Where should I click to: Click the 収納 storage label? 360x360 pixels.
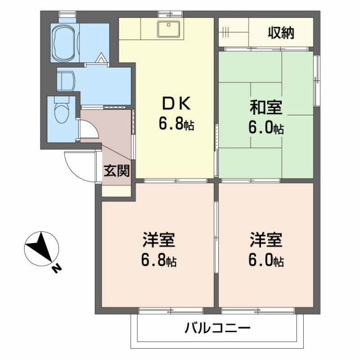[281, 33]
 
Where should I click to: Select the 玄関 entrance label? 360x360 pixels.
[116, 170]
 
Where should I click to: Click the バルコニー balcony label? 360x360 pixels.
[217, 328]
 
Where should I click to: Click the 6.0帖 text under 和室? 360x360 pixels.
[267, 128]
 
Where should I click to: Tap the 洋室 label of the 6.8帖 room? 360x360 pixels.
[158, 240]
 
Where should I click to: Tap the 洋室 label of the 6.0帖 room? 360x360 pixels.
[266, 240]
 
